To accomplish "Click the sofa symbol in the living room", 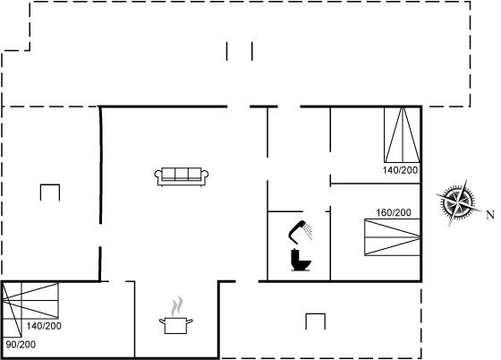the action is (182, 176).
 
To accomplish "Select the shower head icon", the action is (301, 232).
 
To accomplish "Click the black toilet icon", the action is (301, 260).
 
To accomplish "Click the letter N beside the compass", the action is (490, 215).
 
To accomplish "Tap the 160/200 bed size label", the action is (394, 212).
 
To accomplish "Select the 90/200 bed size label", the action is (21, 345).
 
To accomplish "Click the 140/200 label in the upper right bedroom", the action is (401, 170).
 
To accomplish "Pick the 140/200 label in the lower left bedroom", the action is (44, 326).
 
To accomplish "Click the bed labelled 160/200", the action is (392, 237).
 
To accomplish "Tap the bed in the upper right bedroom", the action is (402, 135).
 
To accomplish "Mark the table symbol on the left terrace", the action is (50, 193).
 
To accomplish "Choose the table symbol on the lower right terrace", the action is (315, 321).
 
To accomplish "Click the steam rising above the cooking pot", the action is (177, 306).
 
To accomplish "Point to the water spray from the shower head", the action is (309, 231).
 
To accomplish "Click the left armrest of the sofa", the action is (158, 176).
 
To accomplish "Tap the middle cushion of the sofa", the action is (182, 174).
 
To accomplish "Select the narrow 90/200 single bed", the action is (12, 310).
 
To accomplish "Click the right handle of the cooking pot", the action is (190, 321).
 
